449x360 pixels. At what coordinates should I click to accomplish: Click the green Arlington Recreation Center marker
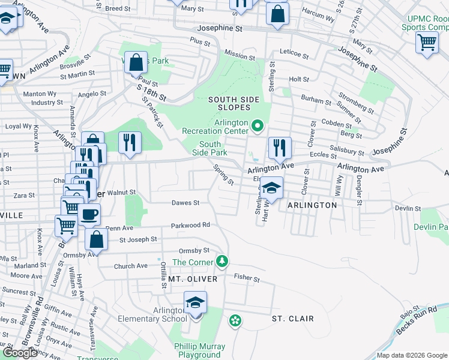258,125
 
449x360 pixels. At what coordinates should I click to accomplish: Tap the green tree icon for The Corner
222,261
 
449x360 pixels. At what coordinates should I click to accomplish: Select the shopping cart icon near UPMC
426,42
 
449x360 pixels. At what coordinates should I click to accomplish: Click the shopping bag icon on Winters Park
136,62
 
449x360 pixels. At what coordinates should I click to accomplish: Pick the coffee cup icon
89,214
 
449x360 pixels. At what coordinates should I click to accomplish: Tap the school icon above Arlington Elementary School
195,302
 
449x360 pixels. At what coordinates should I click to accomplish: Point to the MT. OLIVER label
191,279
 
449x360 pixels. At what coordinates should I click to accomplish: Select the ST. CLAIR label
292,318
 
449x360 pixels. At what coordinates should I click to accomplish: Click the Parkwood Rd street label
190,225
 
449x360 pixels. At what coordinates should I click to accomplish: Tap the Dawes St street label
185,203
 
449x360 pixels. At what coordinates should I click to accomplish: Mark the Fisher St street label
247,279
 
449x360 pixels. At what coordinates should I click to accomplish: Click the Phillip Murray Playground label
199,350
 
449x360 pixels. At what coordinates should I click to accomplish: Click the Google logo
20,353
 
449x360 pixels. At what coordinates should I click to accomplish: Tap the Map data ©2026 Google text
411,355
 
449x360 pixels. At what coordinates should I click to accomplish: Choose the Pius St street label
200,43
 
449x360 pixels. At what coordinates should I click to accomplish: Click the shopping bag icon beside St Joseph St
96,239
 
